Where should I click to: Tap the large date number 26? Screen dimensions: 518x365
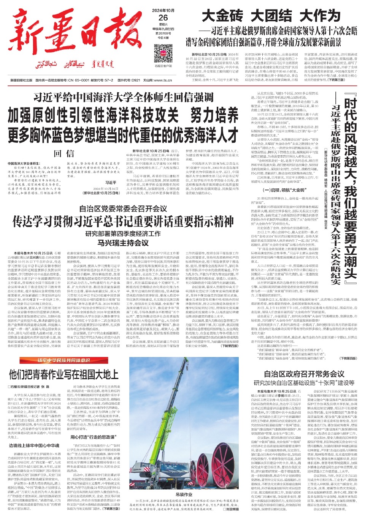pyautogui.click(x=163, y=18)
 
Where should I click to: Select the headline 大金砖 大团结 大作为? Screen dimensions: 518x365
pyautogui.click(x=271, y=16)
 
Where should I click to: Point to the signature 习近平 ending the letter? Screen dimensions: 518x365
pyautogui.click(x=110, y=183)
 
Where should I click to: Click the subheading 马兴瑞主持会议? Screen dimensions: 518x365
pyautogui.click(x=122, y=242)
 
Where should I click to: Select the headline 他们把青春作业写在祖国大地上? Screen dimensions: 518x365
pyautogui.click(x=64, y=375)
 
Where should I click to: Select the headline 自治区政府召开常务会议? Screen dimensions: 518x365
pyautogui.click(x=304, y=374)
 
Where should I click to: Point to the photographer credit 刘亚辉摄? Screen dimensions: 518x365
pyautogui.click(x=232, y=509)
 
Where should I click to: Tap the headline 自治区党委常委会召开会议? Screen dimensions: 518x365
pyautogui.click(x=123, y=208)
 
